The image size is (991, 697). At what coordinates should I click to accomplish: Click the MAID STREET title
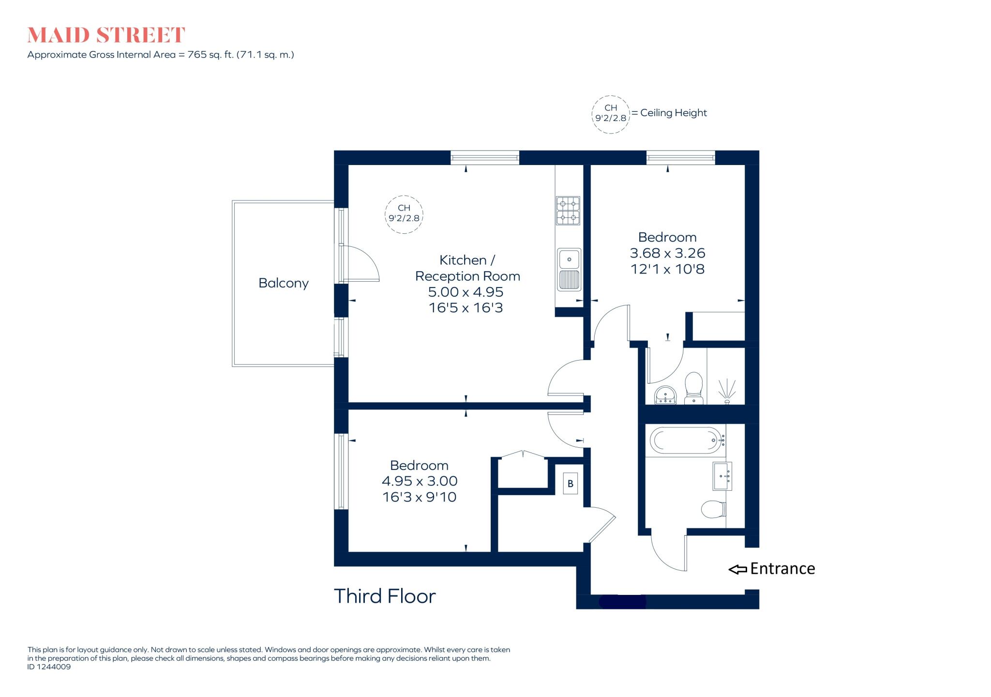[106, 35]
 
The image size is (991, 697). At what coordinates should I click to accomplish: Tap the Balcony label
[283, 283]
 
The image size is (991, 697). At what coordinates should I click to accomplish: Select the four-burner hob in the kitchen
[568, 211]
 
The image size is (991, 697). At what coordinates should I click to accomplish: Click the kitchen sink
[569, 270]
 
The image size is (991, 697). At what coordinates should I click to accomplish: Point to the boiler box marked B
[571, 484]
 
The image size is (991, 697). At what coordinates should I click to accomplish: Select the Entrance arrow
[738, 570]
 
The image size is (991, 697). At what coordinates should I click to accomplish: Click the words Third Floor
[385, 596]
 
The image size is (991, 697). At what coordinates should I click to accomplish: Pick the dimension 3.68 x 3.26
[667, 253]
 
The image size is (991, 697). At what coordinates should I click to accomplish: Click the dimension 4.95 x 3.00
[420, 481]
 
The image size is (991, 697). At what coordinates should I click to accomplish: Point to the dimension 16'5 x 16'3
[465, 308]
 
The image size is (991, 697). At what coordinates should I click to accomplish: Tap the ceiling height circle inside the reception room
[404, 214]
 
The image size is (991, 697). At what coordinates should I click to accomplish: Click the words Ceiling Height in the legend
[673, 113]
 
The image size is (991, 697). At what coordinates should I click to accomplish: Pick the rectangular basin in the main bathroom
[722, 476]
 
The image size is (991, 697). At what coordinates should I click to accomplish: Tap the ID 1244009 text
[49, 667]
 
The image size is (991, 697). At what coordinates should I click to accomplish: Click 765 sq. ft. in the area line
[210, 55]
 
